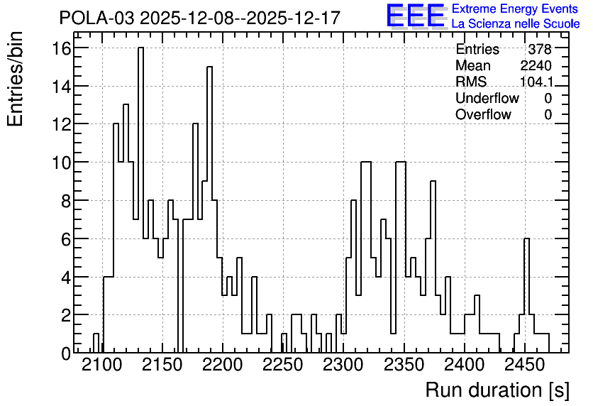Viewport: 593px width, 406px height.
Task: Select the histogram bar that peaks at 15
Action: [209, 209]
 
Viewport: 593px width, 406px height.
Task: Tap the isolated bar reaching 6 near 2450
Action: [527, 295]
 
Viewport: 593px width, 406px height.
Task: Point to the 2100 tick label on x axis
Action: [102, 366]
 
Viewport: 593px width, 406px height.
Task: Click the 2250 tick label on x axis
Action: [283, 366]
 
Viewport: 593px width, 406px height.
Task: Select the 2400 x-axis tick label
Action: [464, 366]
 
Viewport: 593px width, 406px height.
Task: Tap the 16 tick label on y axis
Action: [61, 48]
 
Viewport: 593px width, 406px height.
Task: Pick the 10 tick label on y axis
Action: [61, 163]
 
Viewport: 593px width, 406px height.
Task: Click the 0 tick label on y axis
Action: [66, 353]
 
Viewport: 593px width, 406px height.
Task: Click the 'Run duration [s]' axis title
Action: [497, 390]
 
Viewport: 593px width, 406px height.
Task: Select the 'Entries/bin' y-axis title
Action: [15, 79]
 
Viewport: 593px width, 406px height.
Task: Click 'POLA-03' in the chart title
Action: [96, 18]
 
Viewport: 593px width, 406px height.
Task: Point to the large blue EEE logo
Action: [416, 16]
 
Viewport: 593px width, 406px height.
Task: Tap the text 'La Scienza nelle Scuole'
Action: [516, 24]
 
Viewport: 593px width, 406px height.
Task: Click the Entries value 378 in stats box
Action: [540, 49]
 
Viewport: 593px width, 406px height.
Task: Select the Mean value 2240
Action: [536, 65]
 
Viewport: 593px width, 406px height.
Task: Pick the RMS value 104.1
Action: [536, 82]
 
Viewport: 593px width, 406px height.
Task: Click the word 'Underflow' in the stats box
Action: [487, 98]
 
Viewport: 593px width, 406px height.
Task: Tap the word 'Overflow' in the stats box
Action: [483, 114]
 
